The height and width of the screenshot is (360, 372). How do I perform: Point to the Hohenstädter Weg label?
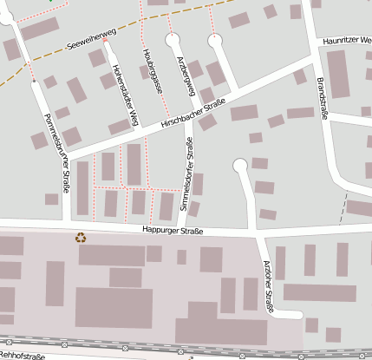click(x=121, y=96)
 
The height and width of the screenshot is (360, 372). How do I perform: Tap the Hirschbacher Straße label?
click(x=193, y=115)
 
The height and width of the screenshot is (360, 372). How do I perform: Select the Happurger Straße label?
click(x=173, y=231)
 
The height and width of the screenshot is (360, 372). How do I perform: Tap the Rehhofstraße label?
click(x=22, y=356)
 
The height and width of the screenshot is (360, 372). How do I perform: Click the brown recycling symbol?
click(x=82, y=236)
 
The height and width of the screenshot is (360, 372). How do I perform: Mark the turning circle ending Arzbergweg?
click(x=173, y=40)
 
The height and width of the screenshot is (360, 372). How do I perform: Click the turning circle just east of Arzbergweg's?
click(x=214, y=39)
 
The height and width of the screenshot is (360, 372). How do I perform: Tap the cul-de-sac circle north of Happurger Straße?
click(x=240, y=165)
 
